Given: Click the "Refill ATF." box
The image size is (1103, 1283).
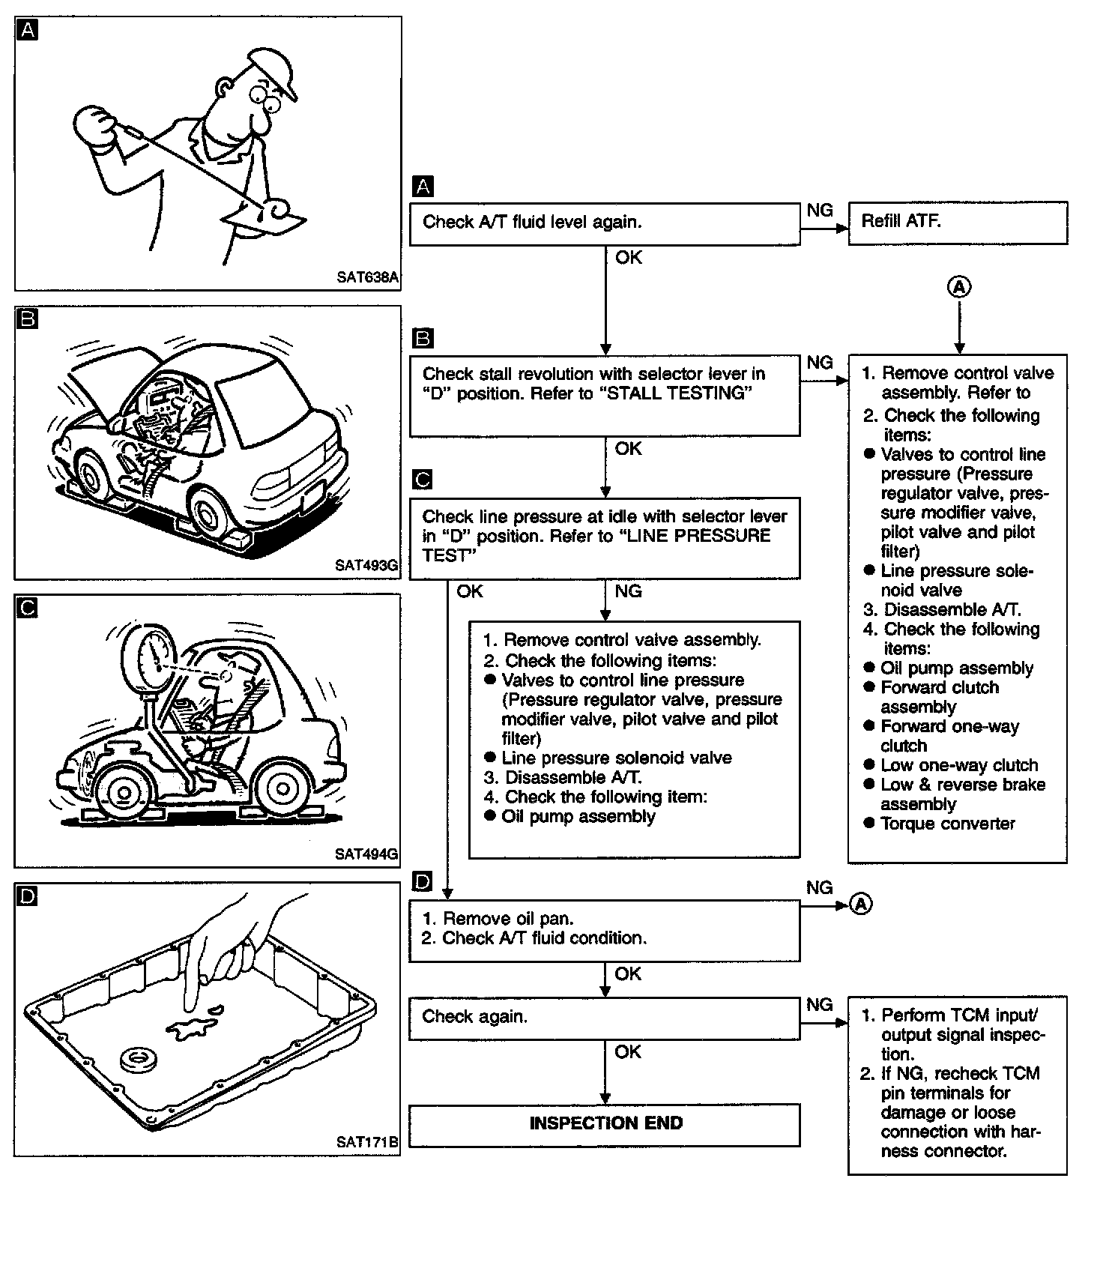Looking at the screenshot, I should point(957,222).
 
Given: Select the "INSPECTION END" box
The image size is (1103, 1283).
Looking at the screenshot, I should point(604,1123).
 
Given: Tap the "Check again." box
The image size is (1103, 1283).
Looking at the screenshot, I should point(604,1017).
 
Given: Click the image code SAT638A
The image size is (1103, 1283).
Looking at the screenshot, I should point(367,277).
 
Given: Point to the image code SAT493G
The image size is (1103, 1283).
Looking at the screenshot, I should point(366,566).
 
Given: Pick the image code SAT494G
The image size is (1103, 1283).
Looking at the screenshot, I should point(366,854).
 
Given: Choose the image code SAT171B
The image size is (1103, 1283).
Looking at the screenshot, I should point(367,1142).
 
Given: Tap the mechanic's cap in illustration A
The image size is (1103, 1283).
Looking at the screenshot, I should point(274,71).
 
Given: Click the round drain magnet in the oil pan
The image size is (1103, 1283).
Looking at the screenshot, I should point(139,1059).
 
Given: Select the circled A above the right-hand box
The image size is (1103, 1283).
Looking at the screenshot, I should point(959,287).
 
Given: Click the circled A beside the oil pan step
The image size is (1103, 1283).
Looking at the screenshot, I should point(862,905).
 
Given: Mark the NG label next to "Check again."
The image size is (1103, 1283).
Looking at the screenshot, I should point(819,1004).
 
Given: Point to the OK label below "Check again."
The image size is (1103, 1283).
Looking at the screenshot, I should point(628,1052).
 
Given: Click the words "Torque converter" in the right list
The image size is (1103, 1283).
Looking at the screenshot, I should point(948,824).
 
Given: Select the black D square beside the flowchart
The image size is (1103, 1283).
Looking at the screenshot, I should point(423,882).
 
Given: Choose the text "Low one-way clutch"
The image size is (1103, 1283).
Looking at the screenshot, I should point(959,765).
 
